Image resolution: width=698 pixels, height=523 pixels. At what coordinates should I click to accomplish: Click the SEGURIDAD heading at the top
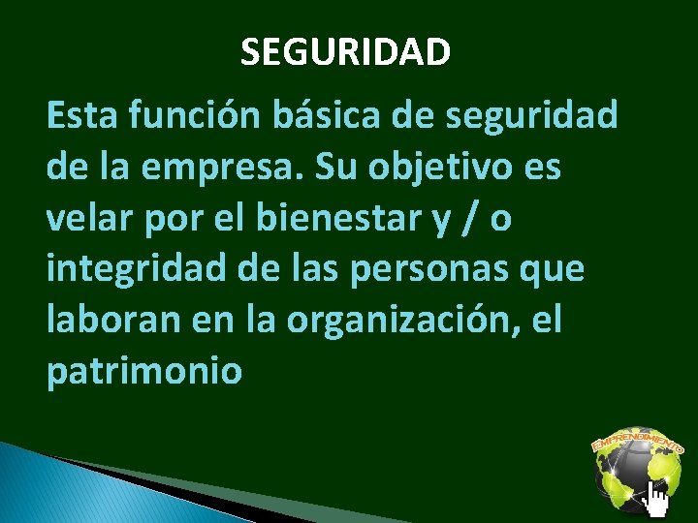[x=345, y=52]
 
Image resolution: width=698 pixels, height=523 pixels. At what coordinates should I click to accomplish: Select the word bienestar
[x=310, y=220]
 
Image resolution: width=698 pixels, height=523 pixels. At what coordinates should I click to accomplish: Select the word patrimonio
[x=143, y=372]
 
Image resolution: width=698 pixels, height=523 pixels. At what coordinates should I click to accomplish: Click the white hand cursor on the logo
[x=658, y=502]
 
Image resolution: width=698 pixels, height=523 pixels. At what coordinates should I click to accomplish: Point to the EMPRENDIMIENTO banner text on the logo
[x=636, y=442]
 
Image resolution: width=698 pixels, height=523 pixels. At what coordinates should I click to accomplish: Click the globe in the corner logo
[x=634, y=477]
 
